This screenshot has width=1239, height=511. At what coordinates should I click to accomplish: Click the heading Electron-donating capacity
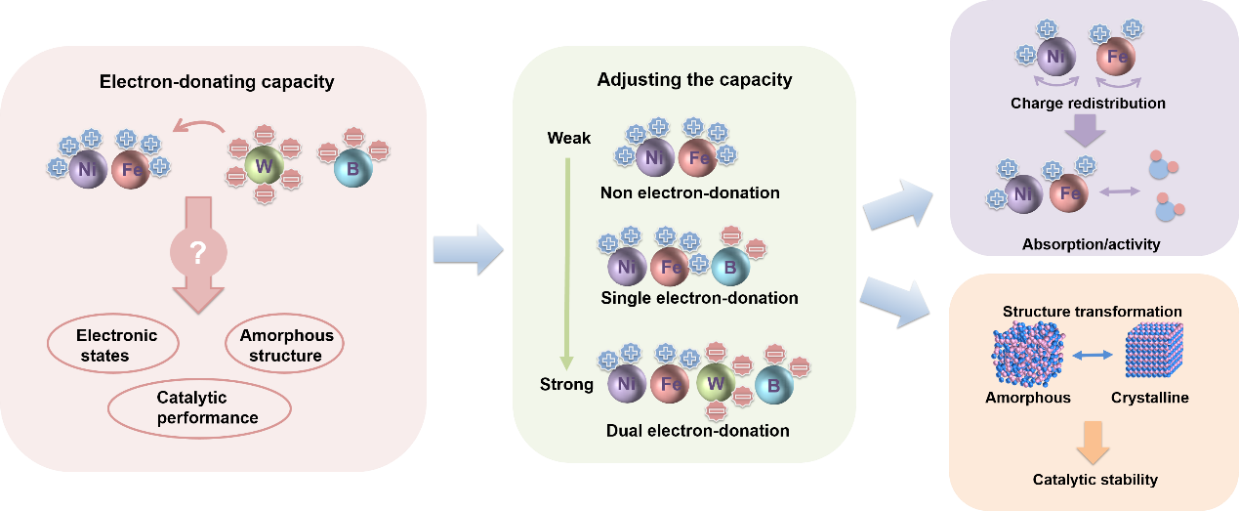pyautogui.click(x=217, y=82)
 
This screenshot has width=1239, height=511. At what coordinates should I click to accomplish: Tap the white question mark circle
pyautogui.click(x=197, y=253)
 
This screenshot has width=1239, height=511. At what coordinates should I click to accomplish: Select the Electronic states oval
pyautogui.click(x=115, y=345)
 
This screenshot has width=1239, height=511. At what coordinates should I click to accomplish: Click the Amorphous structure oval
pyautogui.click(x=285, y=345)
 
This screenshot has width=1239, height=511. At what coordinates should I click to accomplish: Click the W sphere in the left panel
pyautogui.click(x=263, y=166)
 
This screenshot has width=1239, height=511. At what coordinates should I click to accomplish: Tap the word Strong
pyautogui.click(x=566, y=384)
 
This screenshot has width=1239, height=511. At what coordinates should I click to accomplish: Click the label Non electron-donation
pyautogui.click(x=690, y=192)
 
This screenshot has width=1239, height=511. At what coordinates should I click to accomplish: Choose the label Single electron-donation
pyautogui.click(x=699, y=297)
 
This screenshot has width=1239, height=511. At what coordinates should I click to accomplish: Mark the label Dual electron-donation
pyautogui.click(x=697, y=430)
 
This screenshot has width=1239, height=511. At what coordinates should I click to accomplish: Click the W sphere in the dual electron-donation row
pyautogui.click(x=714, y=384)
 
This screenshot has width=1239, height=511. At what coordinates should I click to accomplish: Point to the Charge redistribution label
pyautogui.click(x=1088, y=103)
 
